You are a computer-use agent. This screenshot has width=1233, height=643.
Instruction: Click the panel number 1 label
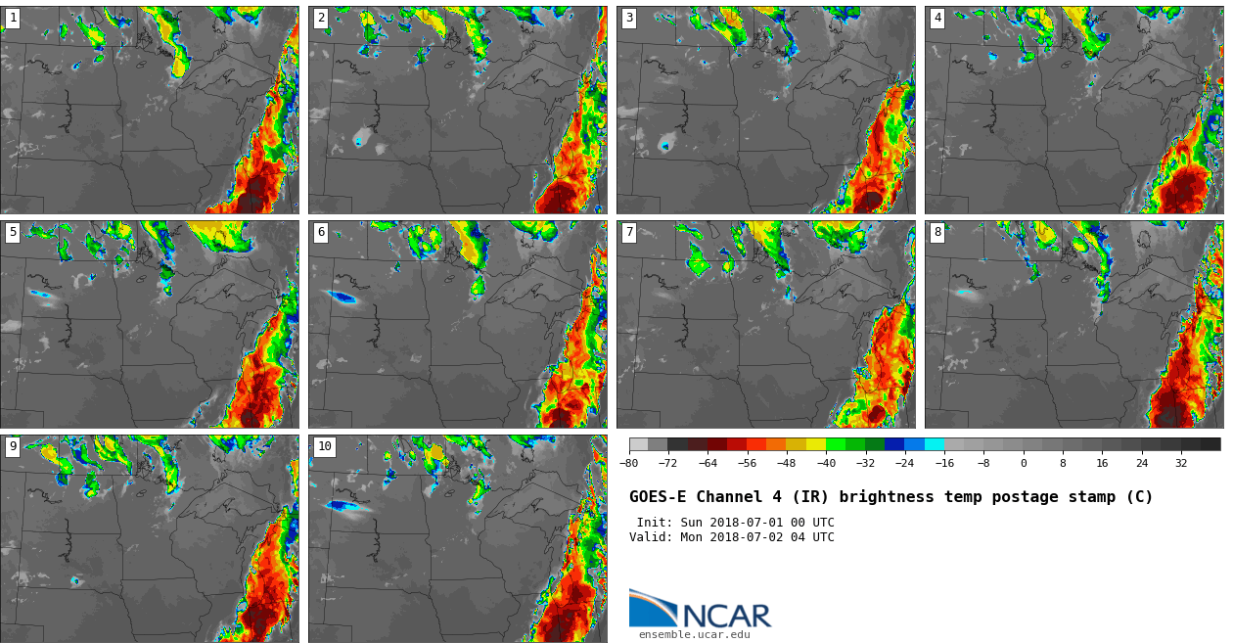point(13,19)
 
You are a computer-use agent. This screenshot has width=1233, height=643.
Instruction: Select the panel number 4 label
point(937,19)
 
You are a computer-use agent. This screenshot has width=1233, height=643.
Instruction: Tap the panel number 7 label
point(629,233)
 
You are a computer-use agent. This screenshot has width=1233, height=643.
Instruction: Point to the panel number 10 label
point(324,447)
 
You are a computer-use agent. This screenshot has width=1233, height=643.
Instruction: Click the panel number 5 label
point(13,233)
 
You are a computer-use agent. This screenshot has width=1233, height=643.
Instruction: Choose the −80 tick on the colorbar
point(629,463)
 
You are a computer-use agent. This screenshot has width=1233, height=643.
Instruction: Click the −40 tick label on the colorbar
point(826,463)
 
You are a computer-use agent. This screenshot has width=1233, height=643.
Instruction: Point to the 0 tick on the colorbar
point(1024,463)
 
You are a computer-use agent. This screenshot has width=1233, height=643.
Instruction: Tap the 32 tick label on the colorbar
point(1181,463)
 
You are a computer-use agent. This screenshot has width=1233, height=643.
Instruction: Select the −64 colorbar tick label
point(708,463)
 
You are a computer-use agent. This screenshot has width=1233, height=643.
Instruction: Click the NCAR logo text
point(726,616)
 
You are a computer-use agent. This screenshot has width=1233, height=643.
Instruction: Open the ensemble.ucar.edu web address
point(694,635)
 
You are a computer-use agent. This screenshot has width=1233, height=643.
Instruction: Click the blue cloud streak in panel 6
point(343,297)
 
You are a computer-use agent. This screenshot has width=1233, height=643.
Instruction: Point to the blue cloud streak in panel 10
point(344,506)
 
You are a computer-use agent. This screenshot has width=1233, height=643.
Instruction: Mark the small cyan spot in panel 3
point(665,147)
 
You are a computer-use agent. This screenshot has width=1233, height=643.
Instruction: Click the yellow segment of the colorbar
point(816,444)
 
